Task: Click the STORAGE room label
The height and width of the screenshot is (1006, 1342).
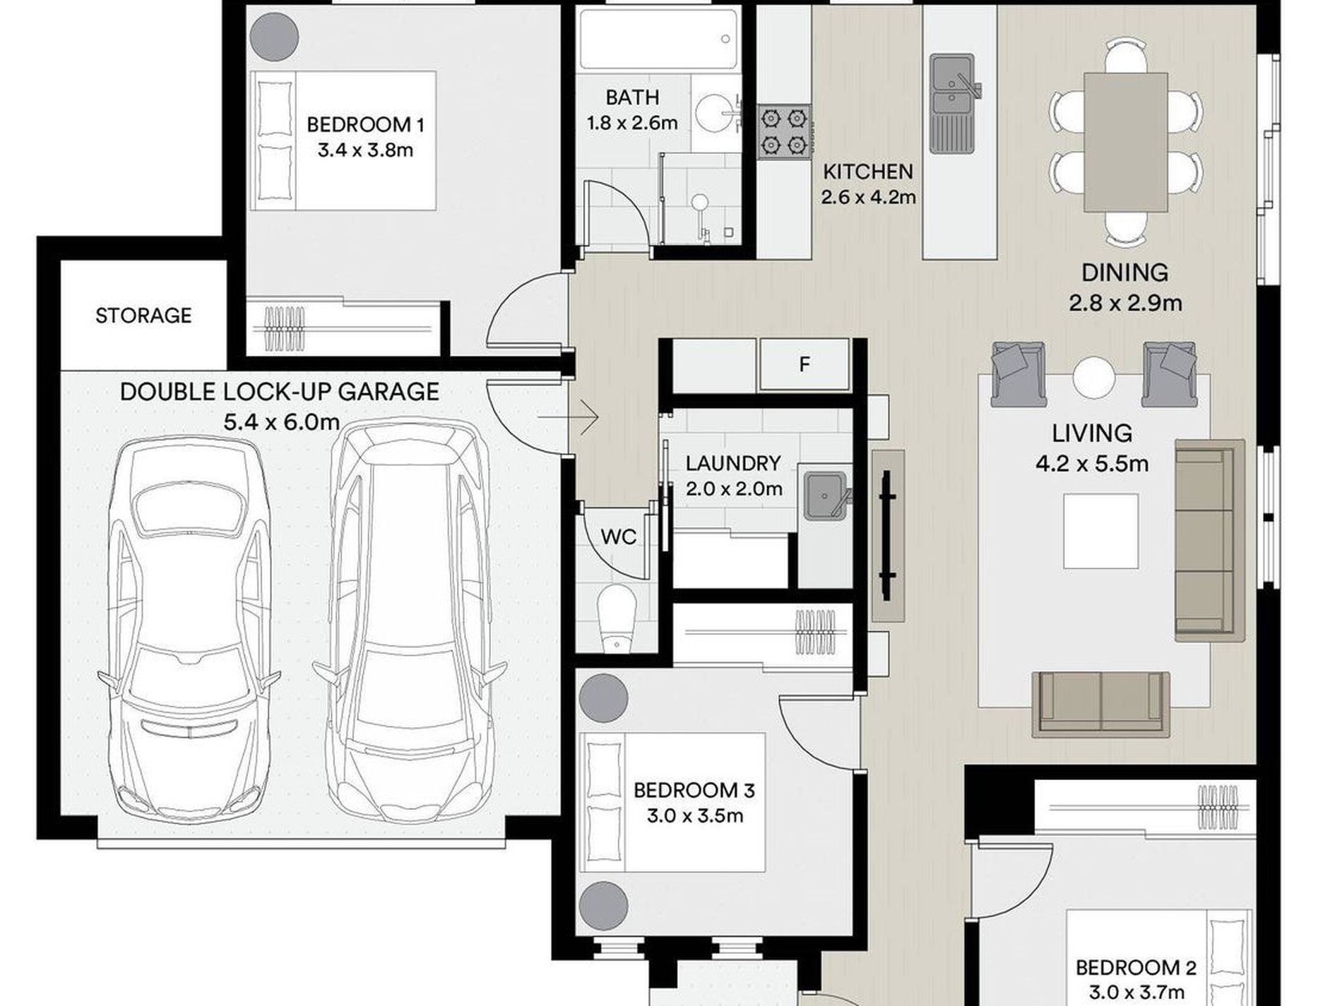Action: [x=143, y=315]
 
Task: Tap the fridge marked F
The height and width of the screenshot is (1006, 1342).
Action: [x=804, y=364]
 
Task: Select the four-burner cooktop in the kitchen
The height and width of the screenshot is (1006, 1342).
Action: [x=784, y=132]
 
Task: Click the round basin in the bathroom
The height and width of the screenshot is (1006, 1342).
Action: [x=714, y=112]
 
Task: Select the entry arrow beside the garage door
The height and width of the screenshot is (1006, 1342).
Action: [x=568, y=417]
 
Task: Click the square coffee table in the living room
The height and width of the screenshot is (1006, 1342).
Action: [x=1100, y=531]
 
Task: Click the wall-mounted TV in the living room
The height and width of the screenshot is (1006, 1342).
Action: [x=887, y=536]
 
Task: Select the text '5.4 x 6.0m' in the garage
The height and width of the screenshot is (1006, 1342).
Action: [x=281, y=422]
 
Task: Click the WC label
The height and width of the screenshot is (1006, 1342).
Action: [x=619, y=537]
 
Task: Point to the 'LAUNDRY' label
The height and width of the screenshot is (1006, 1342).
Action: [x=733, y=463]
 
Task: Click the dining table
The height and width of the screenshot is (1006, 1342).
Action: [x=1125, y=142]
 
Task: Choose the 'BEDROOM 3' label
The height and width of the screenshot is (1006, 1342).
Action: [x=694, y=790]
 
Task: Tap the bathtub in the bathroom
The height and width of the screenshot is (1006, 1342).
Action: [x=658, y=39]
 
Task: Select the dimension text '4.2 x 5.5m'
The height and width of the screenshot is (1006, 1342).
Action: [x=1092, y=464]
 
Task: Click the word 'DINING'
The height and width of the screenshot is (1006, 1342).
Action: [x=1124, y=273]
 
